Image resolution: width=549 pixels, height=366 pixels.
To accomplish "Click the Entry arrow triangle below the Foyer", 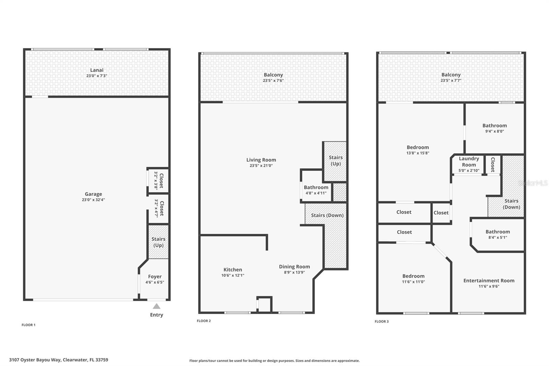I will [x=156, y=306].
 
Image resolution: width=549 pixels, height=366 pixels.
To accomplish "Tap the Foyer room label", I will [x=155, y=276].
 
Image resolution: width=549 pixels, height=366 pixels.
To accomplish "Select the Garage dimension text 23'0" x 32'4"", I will [x=93, y=200].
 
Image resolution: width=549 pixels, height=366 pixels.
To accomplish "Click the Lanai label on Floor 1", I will [x=97, y=70].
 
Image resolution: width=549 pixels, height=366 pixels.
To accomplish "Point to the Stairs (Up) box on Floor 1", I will [x=158, y=242].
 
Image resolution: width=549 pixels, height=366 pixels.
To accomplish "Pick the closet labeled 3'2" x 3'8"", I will [x=158, y=181].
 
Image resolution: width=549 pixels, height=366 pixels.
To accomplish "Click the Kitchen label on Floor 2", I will [x=233, y=270].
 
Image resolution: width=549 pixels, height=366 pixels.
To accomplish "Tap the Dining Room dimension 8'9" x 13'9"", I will [x=294, y=272].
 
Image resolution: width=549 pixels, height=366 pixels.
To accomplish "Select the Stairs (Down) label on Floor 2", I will [x=327, y=215].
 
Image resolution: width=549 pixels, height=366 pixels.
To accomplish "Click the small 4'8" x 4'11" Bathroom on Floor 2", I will [x=316, y=190].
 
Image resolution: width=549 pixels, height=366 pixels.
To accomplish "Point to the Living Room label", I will [x=261, y=160].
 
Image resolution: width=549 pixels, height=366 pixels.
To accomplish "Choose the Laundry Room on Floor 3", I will [x=469, y=164].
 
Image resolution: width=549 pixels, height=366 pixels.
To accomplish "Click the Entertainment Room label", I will [x=489, y=281].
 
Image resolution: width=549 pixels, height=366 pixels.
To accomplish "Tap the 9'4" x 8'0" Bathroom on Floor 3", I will [x=494, y=128].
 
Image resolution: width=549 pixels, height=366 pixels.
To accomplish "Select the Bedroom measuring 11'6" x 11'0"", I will [x=413, y=278].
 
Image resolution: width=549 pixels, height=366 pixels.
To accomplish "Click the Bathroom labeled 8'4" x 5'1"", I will [x=498, y=234].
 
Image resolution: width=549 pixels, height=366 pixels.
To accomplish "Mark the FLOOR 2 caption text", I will [x=204, y=321].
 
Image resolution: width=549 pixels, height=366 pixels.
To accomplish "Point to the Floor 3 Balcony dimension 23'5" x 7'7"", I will [x=451, y=81].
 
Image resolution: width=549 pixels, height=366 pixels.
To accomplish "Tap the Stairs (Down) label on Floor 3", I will [x=511, y=204].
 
